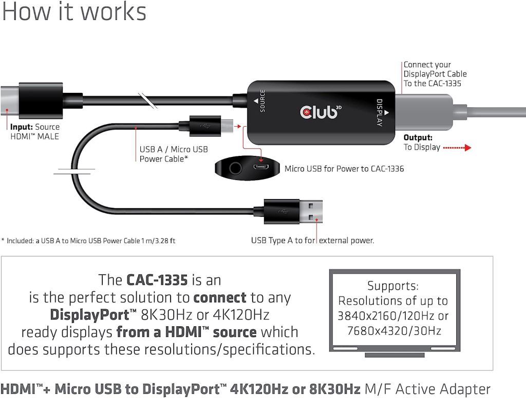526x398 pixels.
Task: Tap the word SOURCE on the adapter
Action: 262,101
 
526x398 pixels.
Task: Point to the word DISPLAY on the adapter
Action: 380,112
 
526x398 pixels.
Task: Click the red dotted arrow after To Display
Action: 457,147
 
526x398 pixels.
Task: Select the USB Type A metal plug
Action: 311,211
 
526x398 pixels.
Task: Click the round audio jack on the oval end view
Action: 235,167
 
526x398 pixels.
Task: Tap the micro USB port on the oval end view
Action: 260,167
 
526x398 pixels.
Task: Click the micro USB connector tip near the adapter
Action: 227,126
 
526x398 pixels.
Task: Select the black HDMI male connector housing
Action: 41,101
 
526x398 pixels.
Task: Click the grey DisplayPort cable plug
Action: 424,112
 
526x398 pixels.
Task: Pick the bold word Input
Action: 22,127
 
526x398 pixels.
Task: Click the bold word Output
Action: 418,137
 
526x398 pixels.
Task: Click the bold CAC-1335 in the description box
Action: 157,280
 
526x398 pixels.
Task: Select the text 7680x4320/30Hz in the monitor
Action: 394,331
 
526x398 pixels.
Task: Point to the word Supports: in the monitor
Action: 393,286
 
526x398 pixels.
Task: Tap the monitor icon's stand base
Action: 394,355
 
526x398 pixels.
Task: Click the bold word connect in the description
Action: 220,297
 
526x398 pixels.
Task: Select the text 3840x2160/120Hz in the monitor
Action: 393,316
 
